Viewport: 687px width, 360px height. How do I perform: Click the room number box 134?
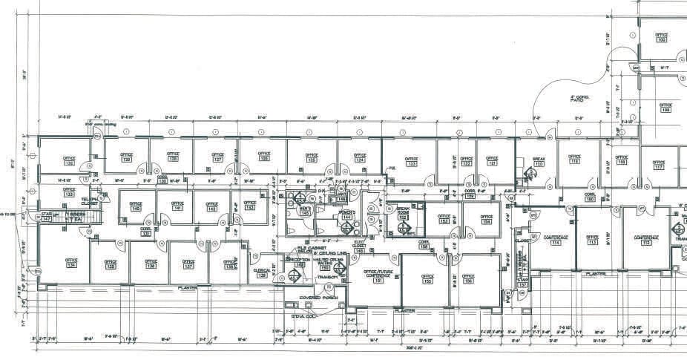[x=71, y=265]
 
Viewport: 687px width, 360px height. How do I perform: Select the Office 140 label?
[x=136, y=206]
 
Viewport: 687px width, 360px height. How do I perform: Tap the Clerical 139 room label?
[x=260, y=273]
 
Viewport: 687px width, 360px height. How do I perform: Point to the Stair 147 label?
[x=46, y=216]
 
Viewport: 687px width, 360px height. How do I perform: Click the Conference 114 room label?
[x=556, y=240]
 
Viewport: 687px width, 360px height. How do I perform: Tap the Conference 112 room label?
[x=646, y=240]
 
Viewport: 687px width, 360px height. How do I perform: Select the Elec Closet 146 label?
[x=359, y=246]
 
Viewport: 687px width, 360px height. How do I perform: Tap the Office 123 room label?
[x=411, y=160]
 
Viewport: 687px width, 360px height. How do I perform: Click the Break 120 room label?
[x=539, y=161]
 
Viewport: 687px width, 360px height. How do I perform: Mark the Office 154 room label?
[x=486, y=220]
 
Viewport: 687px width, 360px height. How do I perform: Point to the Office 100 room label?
[x=660, y=37]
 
